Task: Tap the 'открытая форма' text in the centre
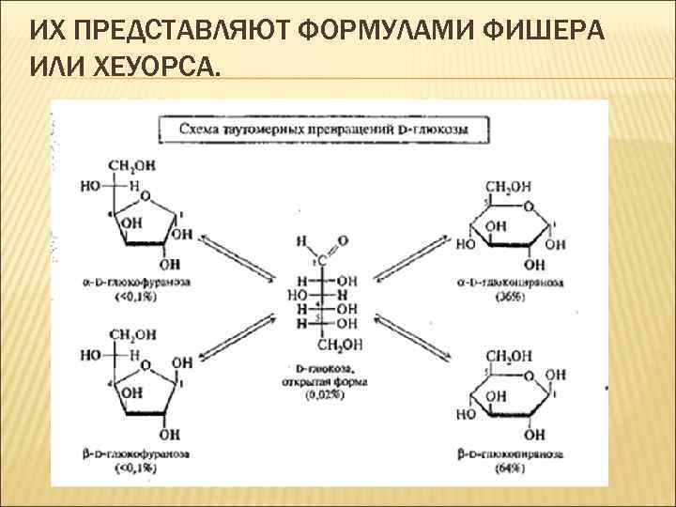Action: (325, 383)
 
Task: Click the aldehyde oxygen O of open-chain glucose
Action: (341, 241)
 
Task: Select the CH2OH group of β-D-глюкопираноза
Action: (511, 356)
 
